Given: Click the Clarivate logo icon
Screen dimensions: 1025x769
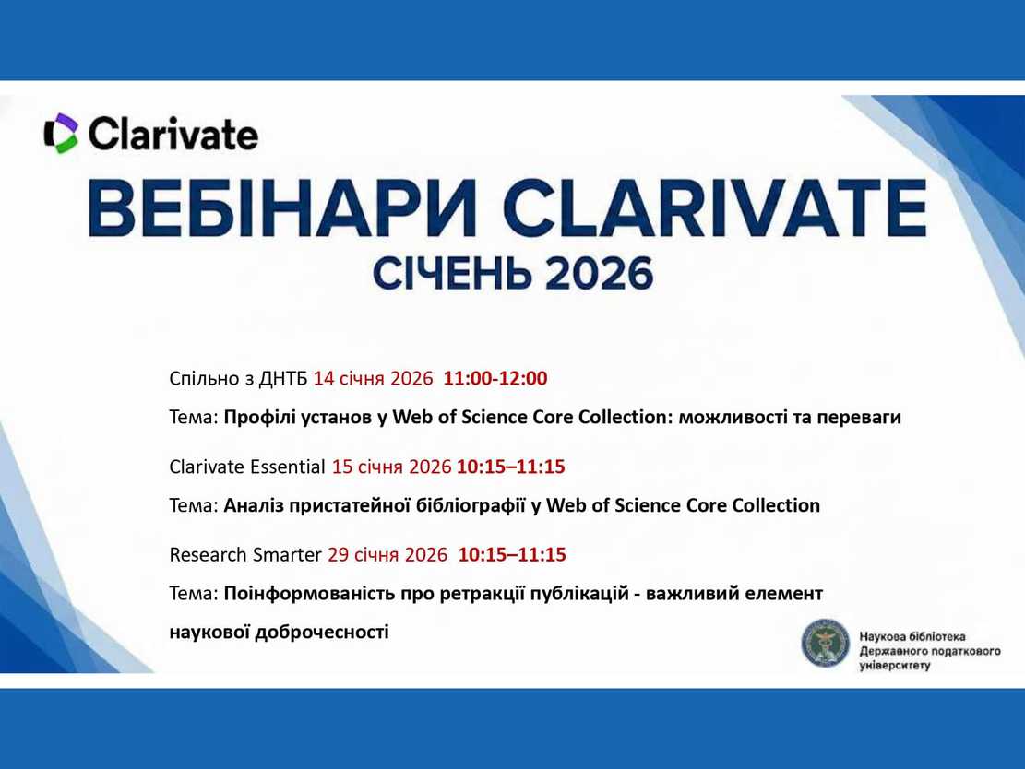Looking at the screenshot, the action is [62, 134].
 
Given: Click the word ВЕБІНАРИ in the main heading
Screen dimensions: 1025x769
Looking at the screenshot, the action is [281, 207].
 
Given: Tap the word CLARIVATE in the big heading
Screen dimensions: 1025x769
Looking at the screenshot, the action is [714, 207].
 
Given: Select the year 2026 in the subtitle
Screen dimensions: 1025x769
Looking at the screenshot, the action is [599, 273].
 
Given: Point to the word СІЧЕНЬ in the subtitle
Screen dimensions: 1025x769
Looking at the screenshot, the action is [452, 273].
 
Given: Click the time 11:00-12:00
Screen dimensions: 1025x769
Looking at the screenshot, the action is [495, 378].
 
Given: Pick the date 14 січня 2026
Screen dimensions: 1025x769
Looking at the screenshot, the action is [373, 378].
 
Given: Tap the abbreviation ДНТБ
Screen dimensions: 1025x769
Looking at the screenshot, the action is [283, 379].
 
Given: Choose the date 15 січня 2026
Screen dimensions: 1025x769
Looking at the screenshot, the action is [391, 467].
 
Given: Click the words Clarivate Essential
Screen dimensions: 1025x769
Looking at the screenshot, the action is [247, 467].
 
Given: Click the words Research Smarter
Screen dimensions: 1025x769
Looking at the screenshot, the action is [245, 555].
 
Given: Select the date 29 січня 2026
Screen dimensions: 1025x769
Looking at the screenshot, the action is [387, 555].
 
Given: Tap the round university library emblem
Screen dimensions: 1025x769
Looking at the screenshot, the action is [826, 645].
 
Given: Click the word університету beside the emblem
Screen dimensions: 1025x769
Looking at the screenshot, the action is [894, 666].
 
